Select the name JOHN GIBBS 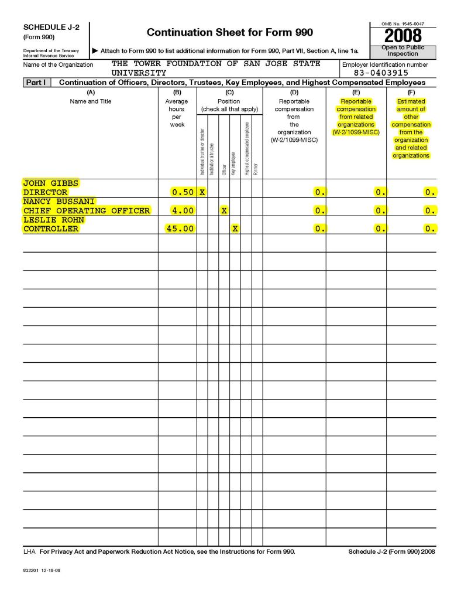[x=51, y=183]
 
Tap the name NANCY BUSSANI [x=59, y=201]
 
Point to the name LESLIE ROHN [x=54, y=220]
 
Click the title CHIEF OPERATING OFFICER [x=87, y=210]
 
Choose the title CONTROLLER [x=51, y=229]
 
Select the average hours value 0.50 [x=183, y=192]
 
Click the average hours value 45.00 [x=180, y=229]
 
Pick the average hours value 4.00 [x=183, y=210]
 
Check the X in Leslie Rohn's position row [x=235, y=229]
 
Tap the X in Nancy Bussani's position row [x=224, y=210]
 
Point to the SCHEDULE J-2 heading [x=51, y=28]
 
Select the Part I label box [x=37, y=83]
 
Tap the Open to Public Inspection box [x=403, y=50]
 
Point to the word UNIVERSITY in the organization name [x=139, y=73]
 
